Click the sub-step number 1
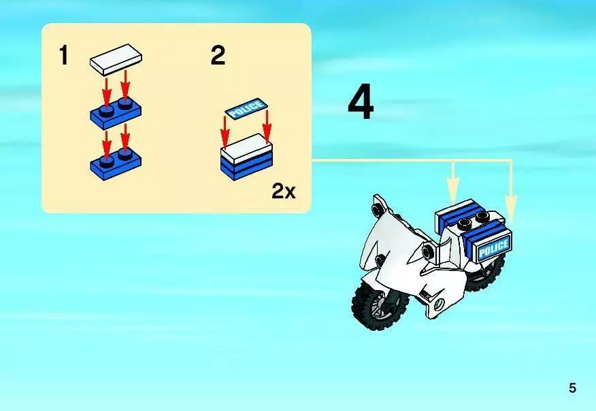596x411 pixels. [64, 55]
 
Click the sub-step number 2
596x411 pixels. [218, 56]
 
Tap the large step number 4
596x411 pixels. [361, 103]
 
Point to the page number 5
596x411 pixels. [572, 388]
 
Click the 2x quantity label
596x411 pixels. [283, 191]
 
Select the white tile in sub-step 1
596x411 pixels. [116, 60]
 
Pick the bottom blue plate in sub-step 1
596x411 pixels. [116, 163]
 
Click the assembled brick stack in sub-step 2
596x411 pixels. [247, 157]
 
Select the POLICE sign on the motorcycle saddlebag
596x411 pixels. [494, 248]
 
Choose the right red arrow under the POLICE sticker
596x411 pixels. [267, 127]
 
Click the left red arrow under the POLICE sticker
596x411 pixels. [225, 132]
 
